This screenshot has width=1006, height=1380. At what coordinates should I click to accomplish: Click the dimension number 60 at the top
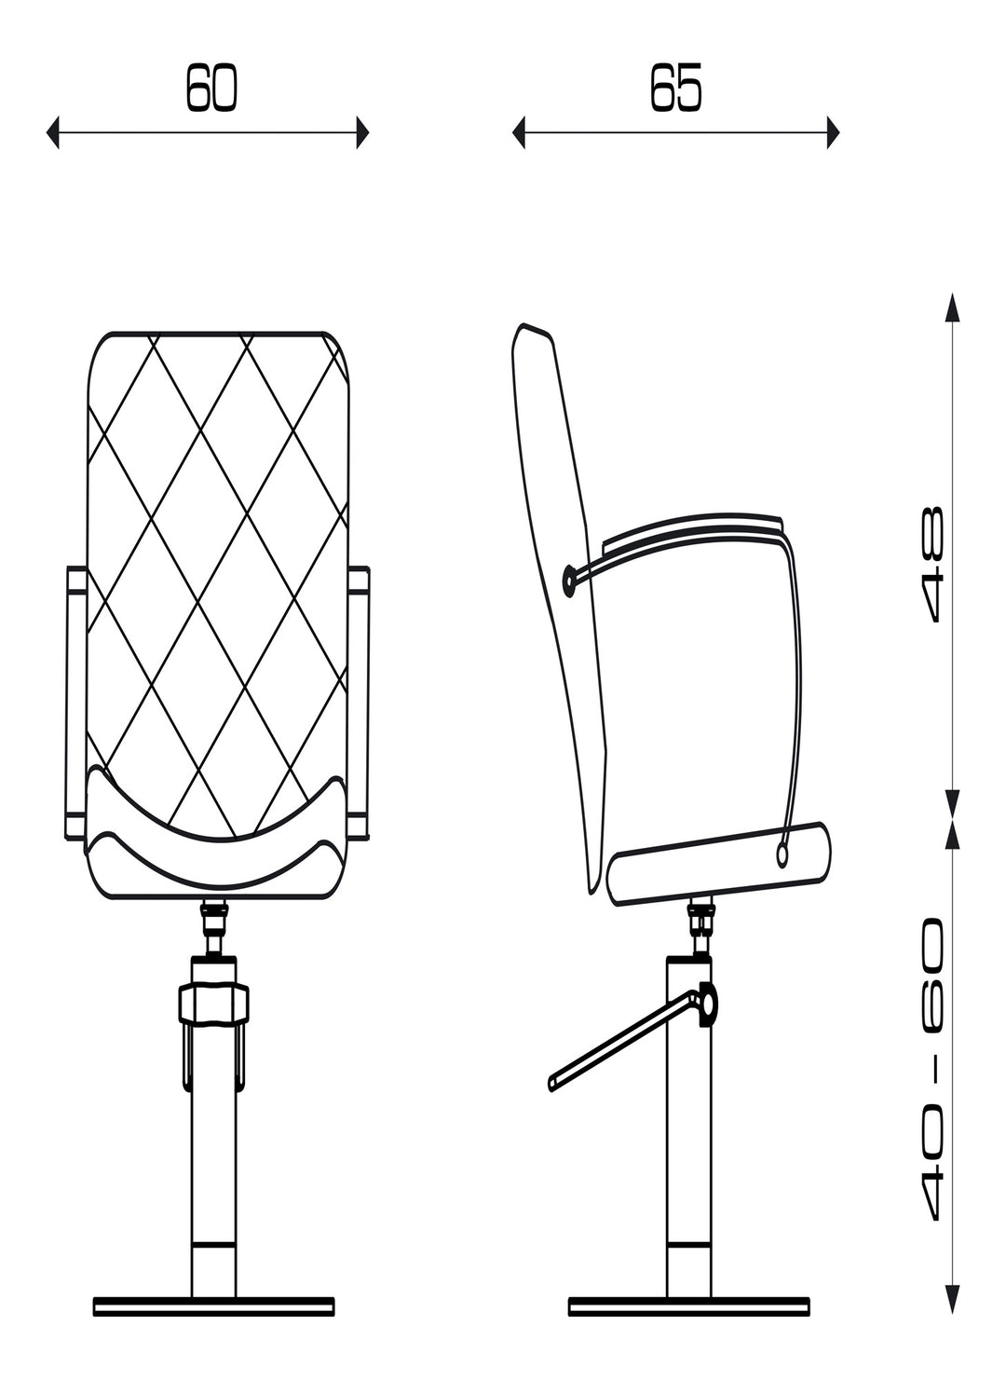[x=211, y=88]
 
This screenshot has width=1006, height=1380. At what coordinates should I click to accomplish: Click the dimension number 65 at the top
[x=676, y=88]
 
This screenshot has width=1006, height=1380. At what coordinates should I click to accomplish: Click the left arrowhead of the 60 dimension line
[x=52, y=131]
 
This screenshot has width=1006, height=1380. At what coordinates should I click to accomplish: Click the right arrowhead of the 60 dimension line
[x=363, y=131]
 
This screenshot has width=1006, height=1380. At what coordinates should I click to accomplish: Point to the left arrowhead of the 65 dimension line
[x=519, y=131]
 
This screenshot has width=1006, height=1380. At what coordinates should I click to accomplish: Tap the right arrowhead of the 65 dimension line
[x=833, y=131]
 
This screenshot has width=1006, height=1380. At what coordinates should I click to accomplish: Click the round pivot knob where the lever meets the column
[x=708, y=1004]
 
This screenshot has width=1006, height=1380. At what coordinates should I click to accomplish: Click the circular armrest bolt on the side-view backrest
[x=570, y=579]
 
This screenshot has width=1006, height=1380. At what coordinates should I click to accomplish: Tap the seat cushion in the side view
[x=719, y=864]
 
